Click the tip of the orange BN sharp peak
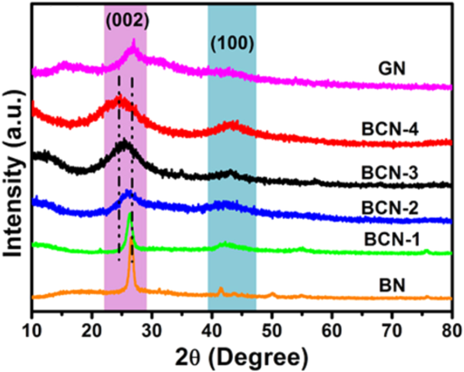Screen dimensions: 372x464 click(132, 238)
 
